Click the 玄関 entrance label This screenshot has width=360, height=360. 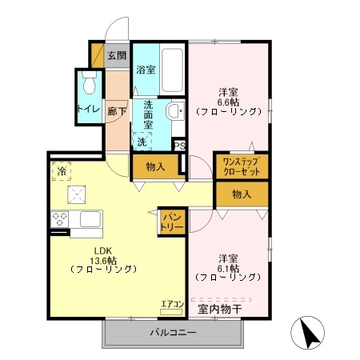[117, 56]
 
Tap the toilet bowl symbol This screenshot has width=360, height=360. [89, 82]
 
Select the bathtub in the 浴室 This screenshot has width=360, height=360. [173, 70]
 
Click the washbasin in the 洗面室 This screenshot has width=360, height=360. [175, 110]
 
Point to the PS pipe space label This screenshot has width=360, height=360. [180, 146]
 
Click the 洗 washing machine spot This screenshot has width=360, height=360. [142, 142]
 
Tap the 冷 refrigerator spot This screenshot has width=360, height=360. [62, 171]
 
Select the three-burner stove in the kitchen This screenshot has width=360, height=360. [60, 219]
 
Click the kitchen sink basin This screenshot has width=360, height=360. [90, 219]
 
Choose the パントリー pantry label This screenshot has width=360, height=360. [172, 222]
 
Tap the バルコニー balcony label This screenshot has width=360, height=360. [173, 332]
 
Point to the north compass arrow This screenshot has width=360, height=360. [310, 332]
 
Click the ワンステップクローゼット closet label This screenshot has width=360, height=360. [242, 166]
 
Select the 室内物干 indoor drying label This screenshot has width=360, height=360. [220, 309]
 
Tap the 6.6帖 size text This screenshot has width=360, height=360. [228, 102]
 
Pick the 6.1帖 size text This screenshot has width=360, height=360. [228, 268]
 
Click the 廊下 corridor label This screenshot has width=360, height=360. [117, 111]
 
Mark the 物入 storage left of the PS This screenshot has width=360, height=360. [155, 166]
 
